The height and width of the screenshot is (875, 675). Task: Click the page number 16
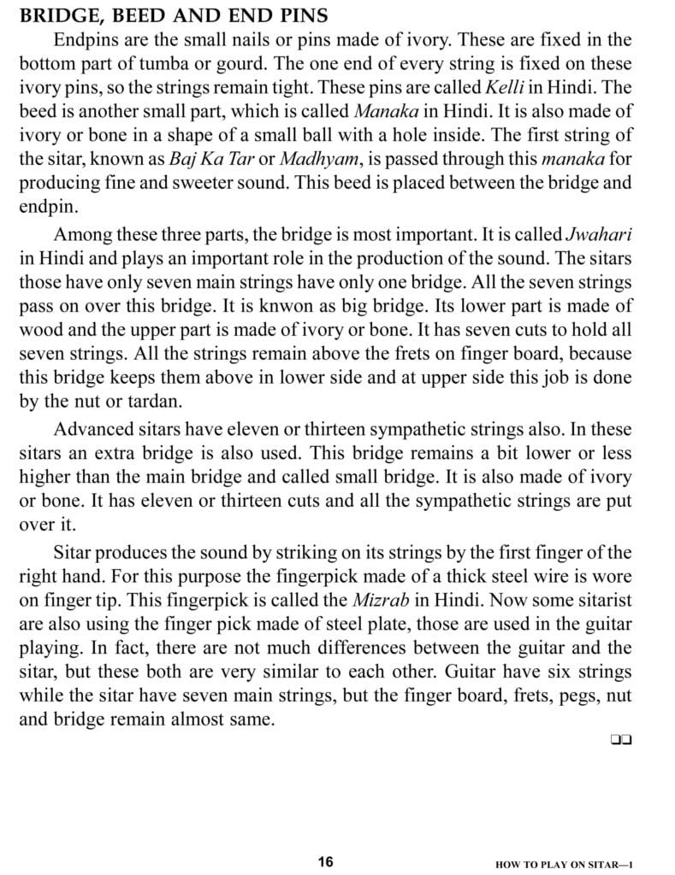[325, 860]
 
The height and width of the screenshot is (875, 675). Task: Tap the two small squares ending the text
[621, 740]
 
